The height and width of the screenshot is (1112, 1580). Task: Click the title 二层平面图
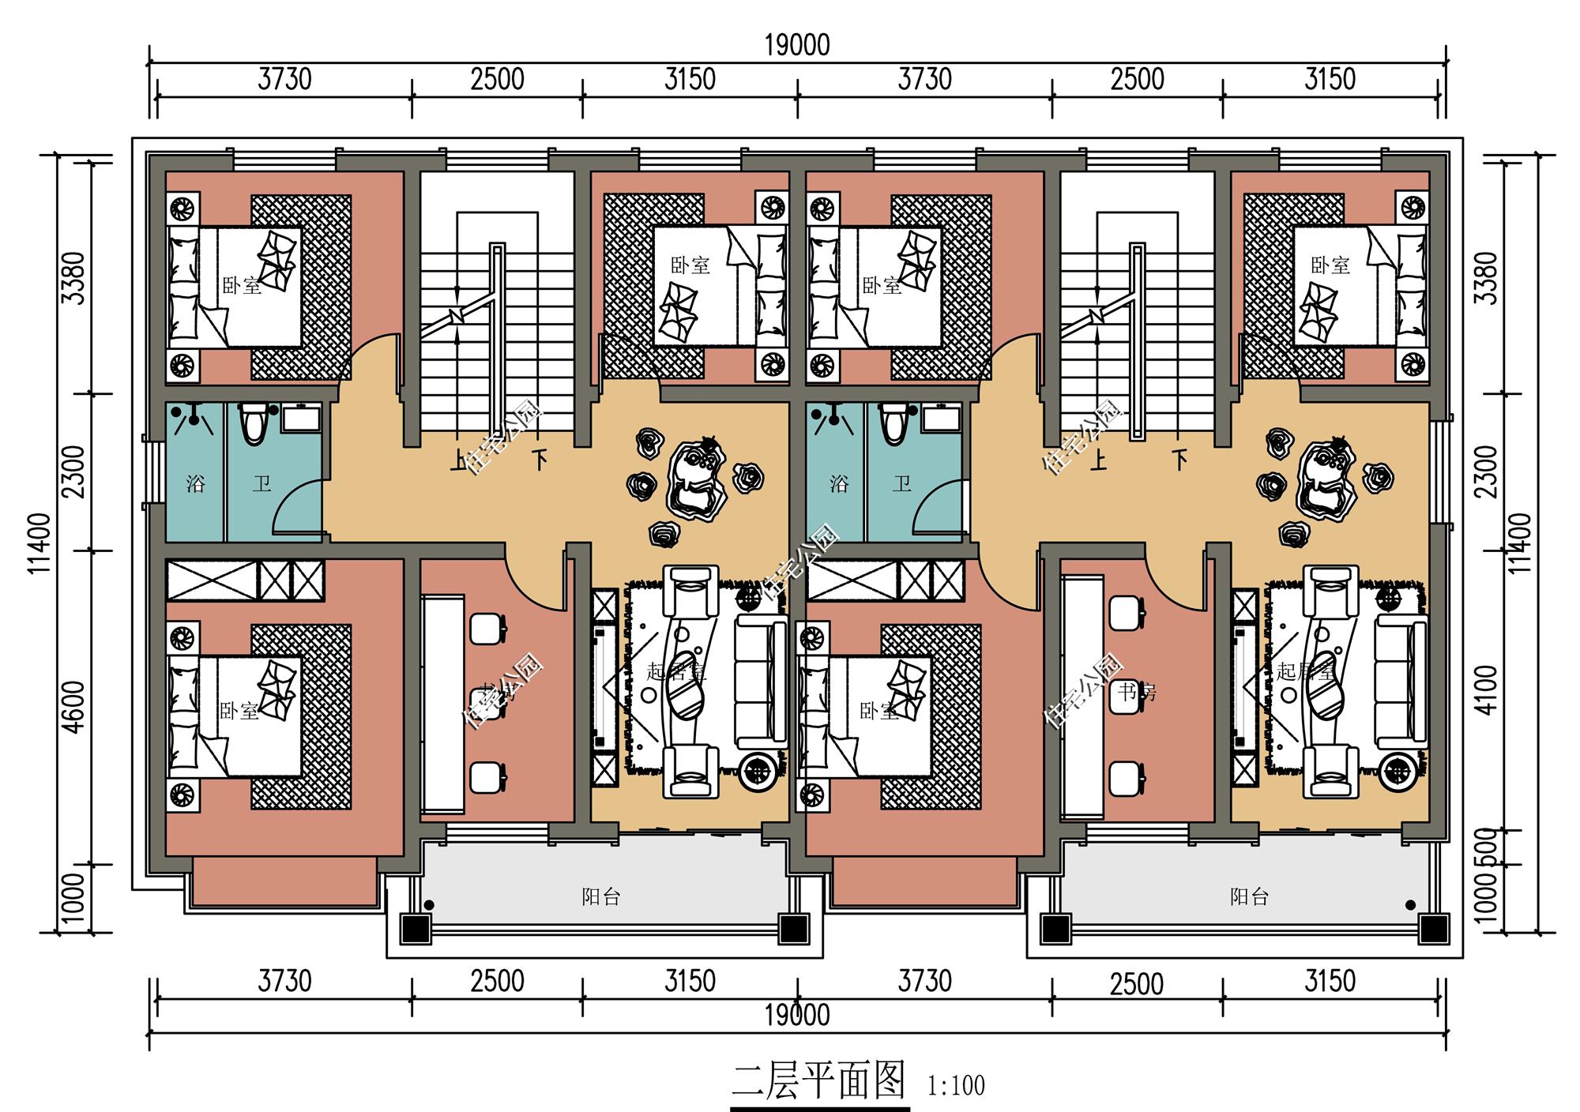(818, 1081)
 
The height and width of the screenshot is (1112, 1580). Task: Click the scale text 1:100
(956, 1086)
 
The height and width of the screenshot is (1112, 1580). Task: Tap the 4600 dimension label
(73, 708)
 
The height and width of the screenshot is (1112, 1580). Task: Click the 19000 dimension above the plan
(797, 46)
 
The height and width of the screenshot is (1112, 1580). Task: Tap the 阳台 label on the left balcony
(600, 897)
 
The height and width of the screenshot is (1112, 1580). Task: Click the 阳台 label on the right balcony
(1249, 897)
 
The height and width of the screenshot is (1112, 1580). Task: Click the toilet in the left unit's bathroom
(254, 424)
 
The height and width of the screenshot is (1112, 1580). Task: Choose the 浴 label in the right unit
(838, 483)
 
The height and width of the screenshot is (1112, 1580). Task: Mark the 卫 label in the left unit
(261, 483)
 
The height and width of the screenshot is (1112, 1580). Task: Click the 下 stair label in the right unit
(1180, 459)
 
